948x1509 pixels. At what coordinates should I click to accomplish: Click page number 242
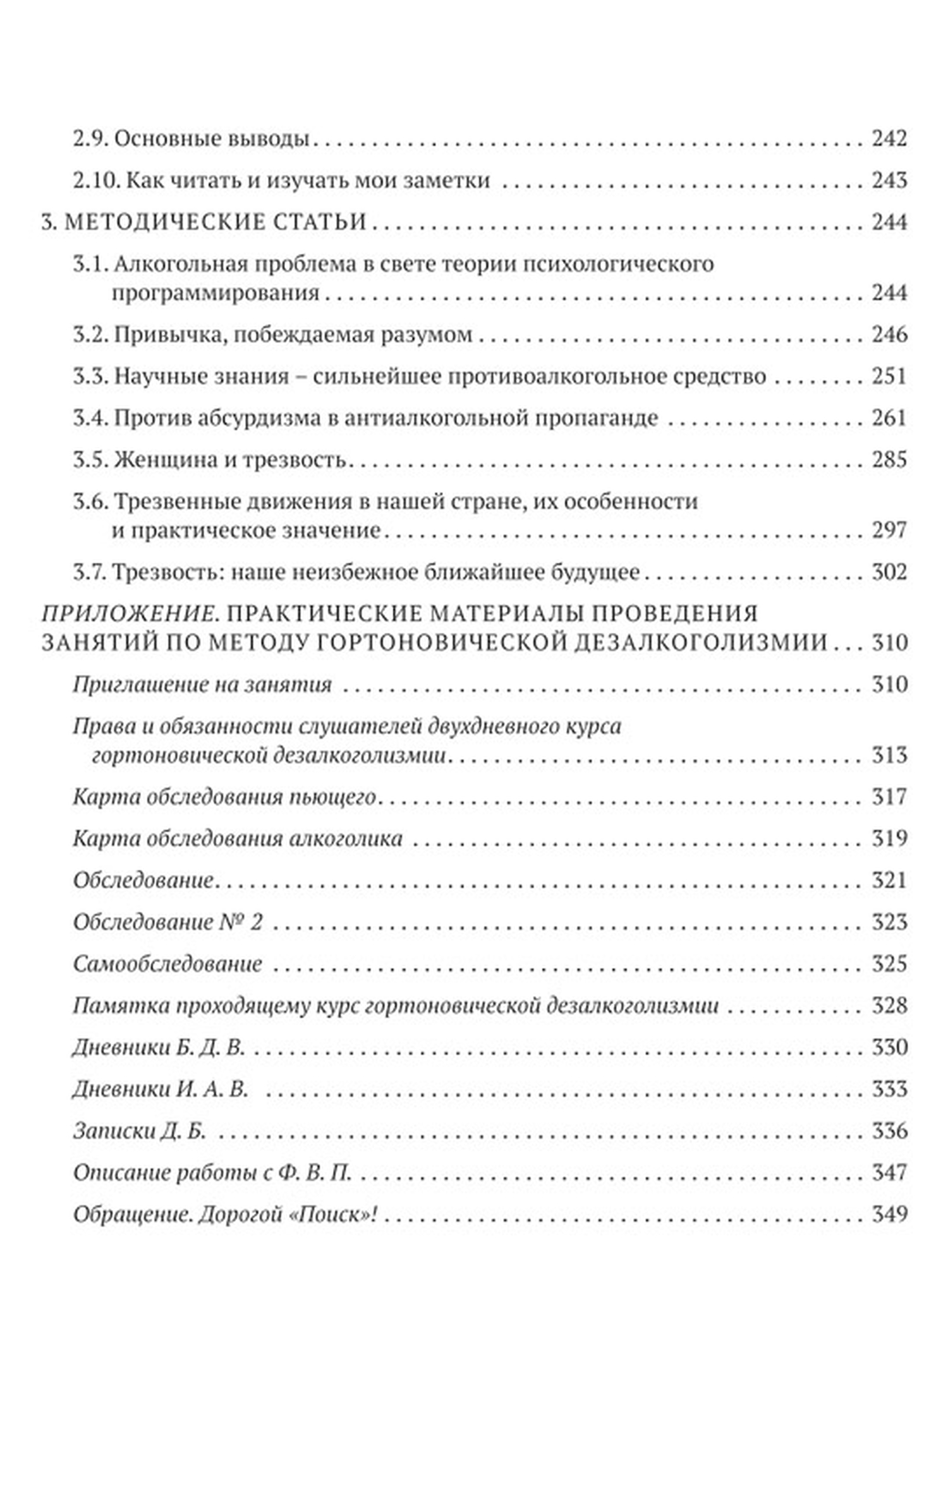889,138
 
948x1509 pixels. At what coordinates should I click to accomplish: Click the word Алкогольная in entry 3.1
179,264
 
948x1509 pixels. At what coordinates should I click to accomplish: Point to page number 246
889,334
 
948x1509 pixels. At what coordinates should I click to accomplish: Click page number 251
889,376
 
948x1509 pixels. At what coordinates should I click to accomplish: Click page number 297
889,530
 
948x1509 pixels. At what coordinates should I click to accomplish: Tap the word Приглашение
137,685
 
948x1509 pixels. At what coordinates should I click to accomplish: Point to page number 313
889,755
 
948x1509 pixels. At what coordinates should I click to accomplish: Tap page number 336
889,1131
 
